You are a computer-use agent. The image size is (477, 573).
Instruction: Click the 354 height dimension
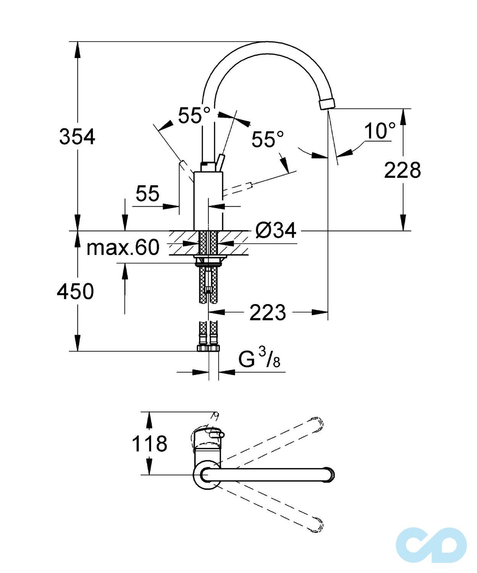point(77,137)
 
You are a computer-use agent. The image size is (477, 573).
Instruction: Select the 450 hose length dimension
point(75,292)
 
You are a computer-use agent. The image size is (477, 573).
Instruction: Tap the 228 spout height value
point(402,170)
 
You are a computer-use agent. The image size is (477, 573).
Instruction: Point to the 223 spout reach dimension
point(267,312)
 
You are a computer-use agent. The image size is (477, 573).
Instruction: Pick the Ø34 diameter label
point(276,231)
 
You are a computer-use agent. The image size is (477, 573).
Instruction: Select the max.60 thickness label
point(123,248)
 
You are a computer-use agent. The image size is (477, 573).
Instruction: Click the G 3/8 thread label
point(259,359)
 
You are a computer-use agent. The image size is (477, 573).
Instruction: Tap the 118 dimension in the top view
point(149,444)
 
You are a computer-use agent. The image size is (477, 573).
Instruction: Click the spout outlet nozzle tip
point(326,104)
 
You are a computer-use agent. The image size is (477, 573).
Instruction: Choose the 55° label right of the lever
point(268,139)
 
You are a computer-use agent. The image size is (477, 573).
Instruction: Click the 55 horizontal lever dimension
point(147,194)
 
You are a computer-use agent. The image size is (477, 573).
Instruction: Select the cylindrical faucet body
point(208,201)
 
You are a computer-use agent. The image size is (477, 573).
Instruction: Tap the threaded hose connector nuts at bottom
point(208,348)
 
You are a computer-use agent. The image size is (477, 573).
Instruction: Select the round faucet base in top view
point(207,475)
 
